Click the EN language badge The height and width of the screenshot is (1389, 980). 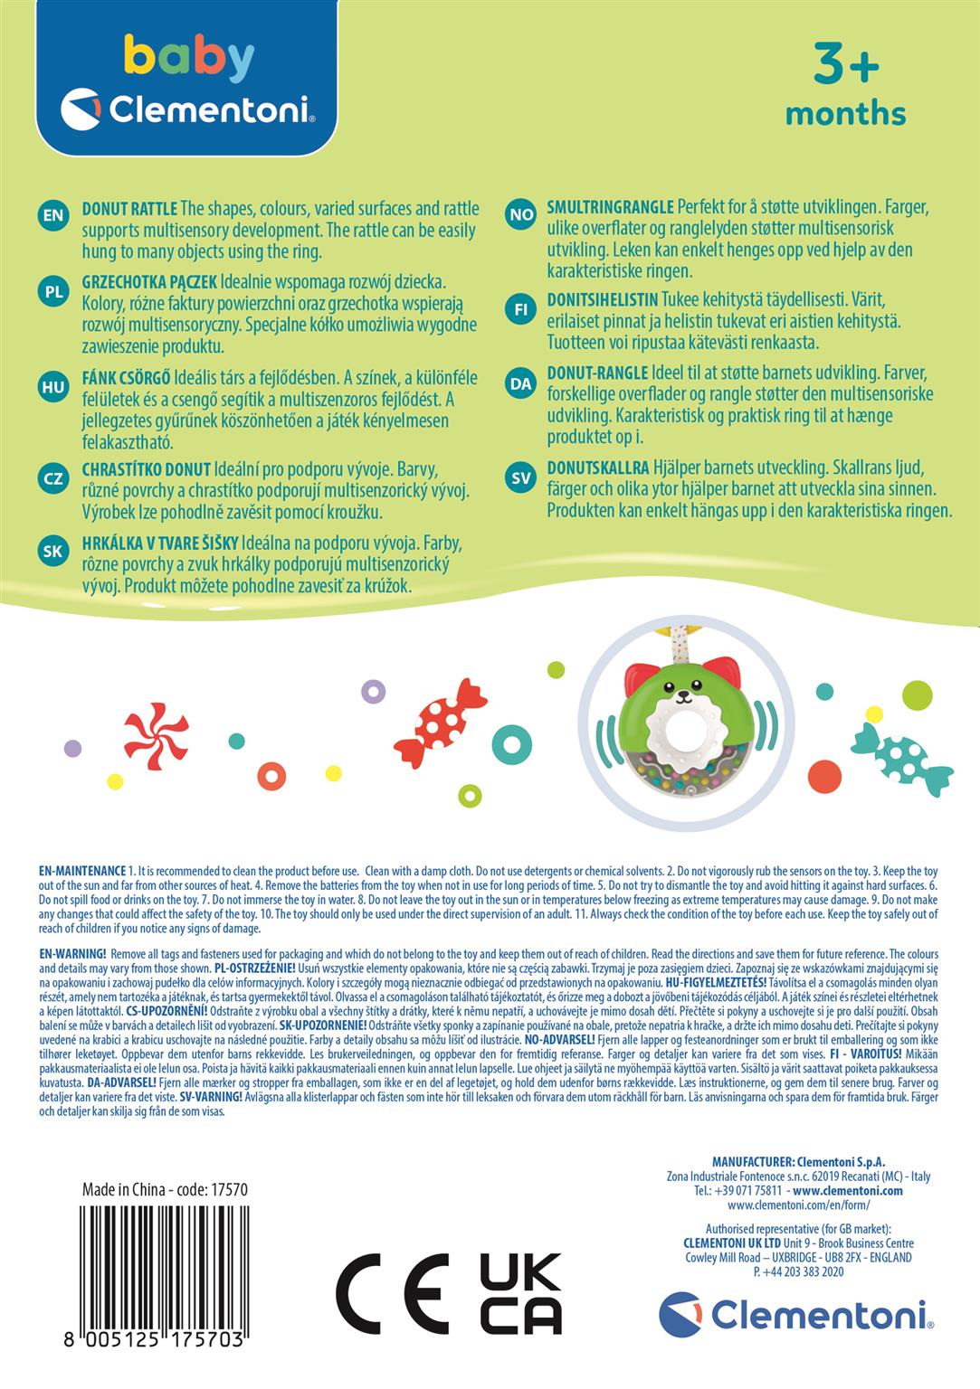tap(54, 215)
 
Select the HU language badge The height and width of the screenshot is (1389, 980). tap(54, 387)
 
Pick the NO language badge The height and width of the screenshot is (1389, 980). tap(520, 215)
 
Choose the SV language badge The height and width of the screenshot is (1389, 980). tap(520, 478)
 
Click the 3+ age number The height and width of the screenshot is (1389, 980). tap(845, 64)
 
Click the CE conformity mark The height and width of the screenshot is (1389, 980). tap(392, 1293)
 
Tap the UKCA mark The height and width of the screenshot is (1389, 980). tap(520, 1293)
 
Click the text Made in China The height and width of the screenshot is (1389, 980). tap(124, 1190)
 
